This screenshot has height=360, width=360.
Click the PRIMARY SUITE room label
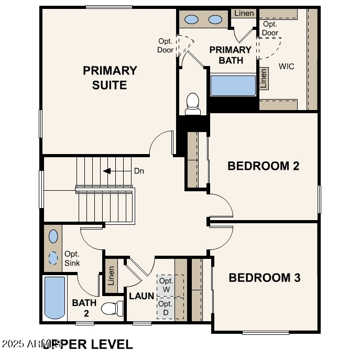tap(110, 78)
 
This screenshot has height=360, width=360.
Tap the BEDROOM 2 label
tap(263, 166)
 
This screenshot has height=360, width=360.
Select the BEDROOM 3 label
tap(265, 278)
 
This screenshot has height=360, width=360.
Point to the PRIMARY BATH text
tap(231, 55)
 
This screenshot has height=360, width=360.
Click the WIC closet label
tap(286, 67)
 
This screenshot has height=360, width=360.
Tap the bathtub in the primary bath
tap(233, 86)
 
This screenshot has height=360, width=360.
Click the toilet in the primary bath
tap(193, 104)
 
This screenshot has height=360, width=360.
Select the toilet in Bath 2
tap(111, 308)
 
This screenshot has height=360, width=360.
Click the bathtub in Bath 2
tap(54, 298)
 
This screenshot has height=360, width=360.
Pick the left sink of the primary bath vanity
tap(192, 20)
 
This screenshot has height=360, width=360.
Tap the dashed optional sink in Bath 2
tap(53, 258)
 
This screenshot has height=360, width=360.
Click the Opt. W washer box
tap(167, 286)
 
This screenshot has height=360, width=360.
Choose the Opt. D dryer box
tap(165, 309)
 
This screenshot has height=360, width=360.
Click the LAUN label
tap(141, 296)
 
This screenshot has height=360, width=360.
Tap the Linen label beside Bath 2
tap(111, 276)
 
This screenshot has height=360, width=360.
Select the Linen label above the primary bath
tap(244, 13)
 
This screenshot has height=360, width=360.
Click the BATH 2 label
tap(84, 308)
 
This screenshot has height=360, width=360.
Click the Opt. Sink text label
tap(72, 258)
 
